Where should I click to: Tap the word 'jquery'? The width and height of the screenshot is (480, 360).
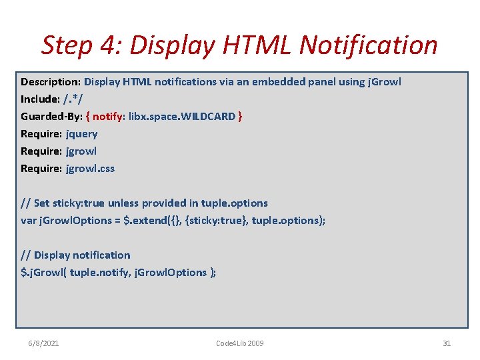82,133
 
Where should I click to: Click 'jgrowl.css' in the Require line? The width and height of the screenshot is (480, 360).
90,168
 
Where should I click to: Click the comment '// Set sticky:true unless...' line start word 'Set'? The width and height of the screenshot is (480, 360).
41,203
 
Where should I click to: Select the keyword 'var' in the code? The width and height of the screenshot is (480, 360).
29,220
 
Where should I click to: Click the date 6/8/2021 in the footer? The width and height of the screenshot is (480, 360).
43,343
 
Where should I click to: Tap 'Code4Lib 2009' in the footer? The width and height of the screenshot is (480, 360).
240,343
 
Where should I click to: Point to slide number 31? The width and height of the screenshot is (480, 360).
447,343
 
